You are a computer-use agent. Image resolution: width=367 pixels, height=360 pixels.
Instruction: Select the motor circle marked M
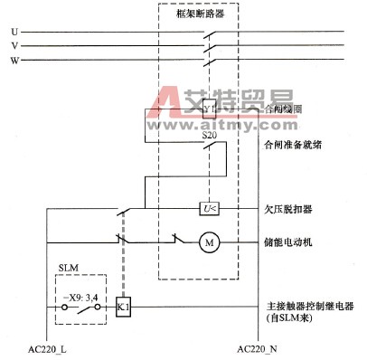207,242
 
